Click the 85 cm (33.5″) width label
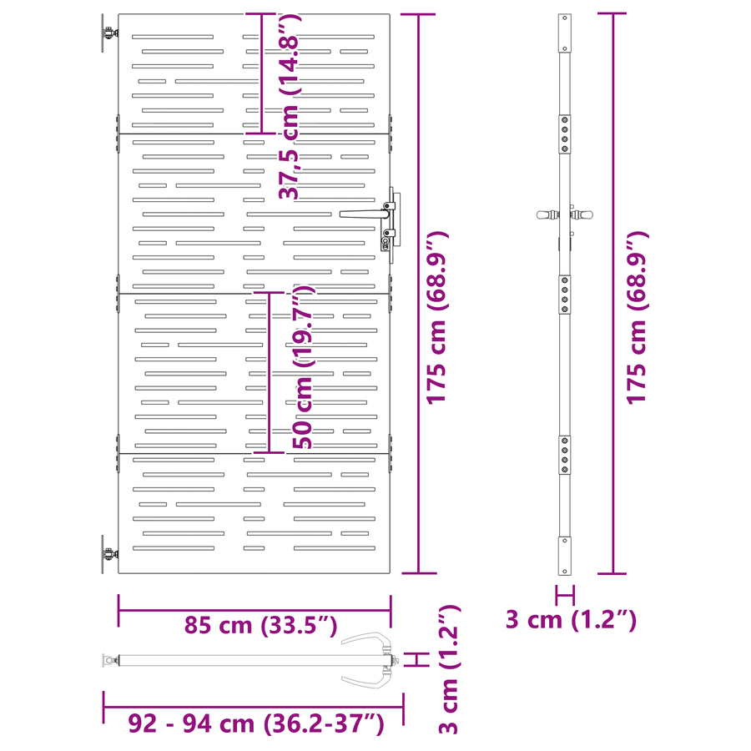tap(261, 625)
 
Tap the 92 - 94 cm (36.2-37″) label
tap(256, 723)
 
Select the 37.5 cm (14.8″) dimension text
tap(290, 106)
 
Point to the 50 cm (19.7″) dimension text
tap(302, 367)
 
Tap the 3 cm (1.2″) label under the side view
tap(572, 619)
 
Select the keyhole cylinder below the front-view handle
tap(385, 243)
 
